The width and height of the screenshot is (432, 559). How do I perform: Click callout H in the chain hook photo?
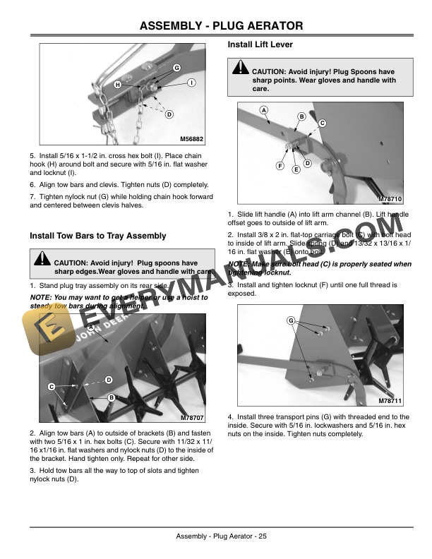coord(118,85)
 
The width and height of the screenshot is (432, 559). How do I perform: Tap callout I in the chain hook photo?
coord(191,83)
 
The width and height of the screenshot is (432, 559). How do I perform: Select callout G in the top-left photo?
coord(176,67)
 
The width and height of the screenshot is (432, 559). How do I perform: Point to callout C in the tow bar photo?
coord(52,386)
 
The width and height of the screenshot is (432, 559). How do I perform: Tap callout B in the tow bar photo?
coord(111,399)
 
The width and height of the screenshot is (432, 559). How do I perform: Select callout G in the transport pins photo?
coord(290,321)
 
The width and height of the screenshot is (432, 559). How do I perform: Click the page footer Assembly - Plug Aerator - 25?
coord(222,537)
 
